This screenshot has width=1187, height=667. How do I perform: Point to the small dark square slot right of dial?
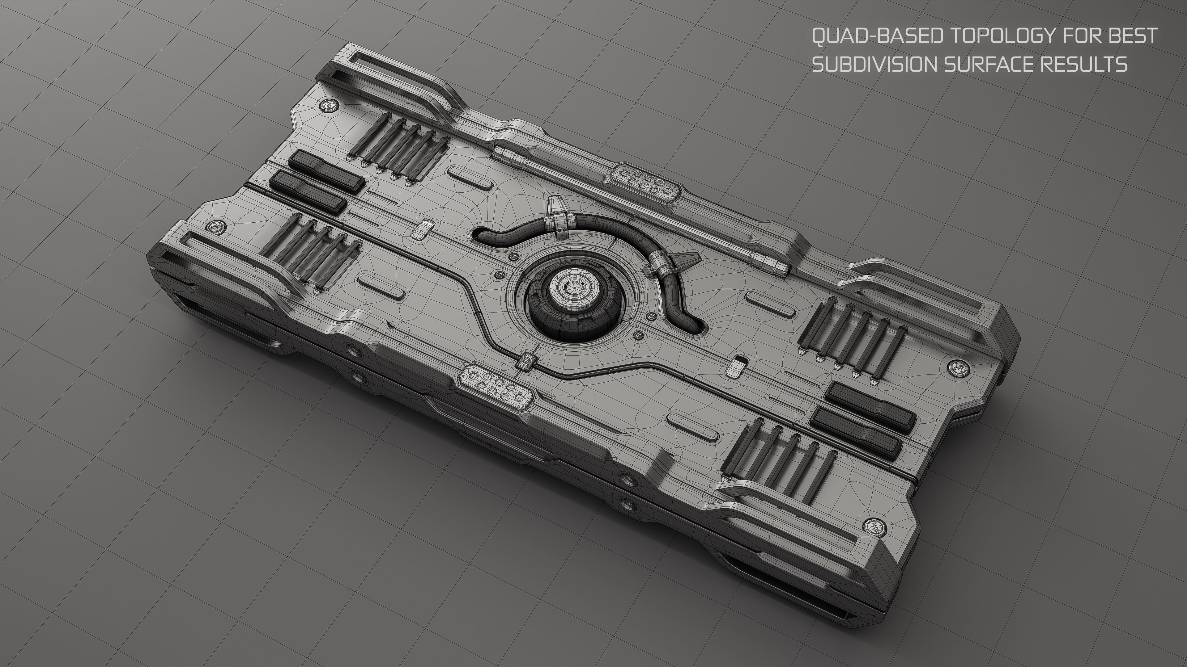click(x=741, y=358)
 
